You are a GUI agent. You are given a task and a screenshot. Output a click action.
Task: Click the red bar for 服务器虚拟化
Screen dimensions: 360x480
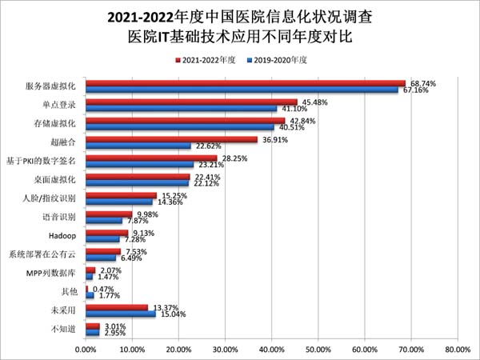pos(245,83)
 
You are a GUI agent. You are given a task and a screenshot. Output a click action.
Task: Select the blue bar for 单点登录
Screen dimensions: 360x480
pos(181,109)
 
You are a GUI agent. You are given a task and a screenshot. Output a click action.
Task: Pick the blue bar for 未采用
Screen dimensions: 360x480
pos(120,314)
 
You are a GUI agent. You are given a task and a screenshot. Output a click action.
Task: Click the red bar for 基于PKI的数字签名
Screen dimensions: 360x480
pos(151,158)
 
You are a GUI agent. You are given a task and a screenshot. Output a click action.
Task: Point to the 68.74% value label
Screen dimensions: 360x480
pos(424,83)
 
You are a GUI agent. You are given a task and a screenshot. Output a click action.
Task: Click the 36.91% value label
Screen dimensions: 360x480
pos(276,139)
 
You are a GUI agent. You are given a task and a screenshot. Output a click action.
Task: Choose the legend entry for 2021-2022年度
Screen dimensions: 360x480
pos(202,60)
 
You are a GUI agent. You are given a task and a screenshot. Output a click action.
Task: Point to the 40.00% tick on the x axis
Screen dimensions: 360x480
pos(271,348)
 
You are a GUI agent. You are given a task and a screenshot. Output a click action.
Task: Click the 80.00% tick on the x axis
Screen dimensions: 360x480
pos(457,348)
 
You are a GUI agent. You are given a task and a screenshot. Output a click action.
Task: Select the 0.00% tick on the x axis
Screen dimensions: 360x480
pos(86,348)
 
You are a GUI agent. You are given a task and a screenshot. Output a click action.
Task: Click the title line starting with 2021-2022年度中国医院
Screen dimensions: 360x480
pos(239,16)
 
